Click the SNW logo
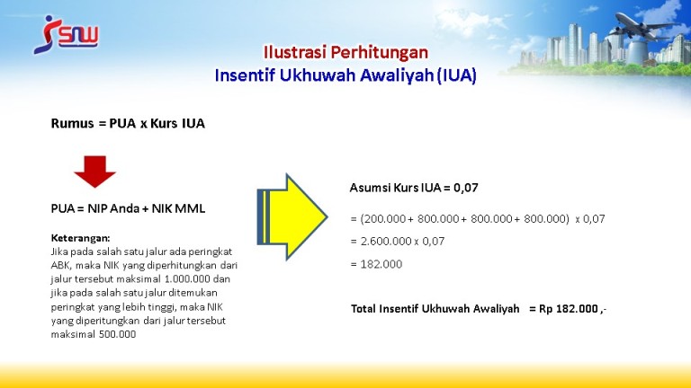click(66, 35)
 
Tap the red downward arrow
click(94, 172)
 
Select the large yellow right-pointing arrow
click(292, 216)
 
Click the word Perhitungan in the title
click(380, 52)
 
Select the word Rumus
click(72, 124)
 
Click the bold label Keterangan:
click(81, 238)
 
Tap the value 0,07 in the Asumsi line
click(466, 188)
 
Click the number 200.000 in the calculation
click(384, 218)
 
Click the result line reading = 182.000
click(376, 264)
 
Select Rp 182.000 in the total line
click(569, 309)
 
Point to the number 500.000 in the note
click(117, 334)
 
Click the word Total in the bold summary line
click(363, 309)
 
